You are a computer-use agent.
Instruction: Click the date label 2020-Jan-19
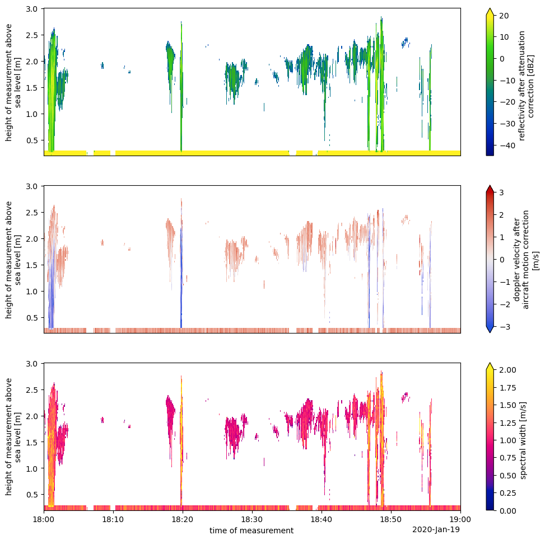(x=436, y=529)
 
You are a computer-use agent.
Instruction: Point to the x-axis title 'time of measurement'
(x=251, y=530)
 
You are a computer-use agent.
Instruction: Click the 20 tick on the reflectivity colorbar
(x=504, y=15)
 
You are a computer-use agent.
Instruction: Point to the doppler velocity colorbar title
(x=526, y=259)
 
